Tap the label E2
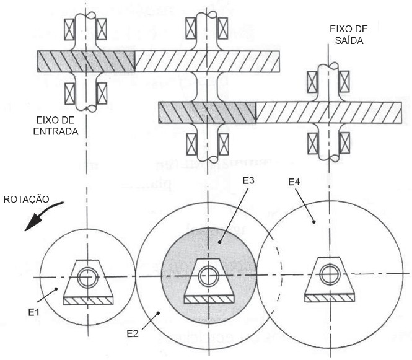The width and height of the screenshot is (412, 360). pos(132,334)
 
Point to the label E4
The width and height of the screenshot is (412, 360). pos(295,182)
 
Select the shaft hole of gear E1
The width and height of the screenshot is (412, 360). pos(86,276)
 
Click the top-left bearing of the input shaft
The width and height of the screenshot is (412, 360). pos(70,29)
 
